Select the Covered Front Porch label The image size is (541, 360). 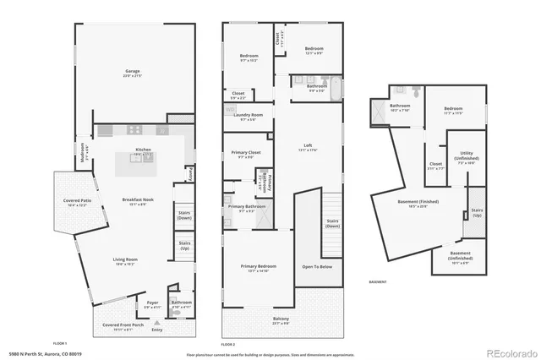pos(123,325)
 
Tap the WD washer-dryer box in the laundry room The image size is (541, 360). pos(230,110)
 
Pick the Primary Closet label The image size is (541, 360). pos(246,153)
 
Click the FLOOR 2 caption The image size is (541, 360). pos(228,344)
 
